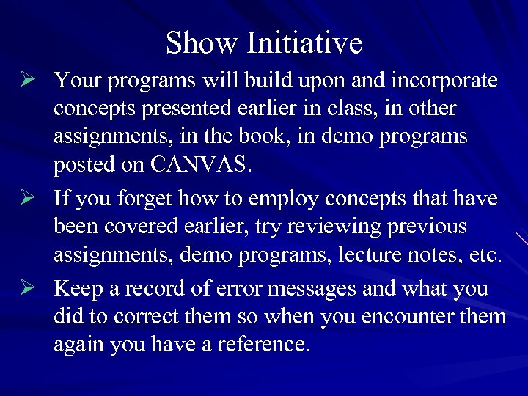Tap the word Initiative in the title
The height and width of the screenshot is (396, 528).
pyautogui.click(x=304, y=43)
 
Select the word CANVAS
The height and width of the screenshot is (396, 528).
pyautogui.click(x=200, y=166)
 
